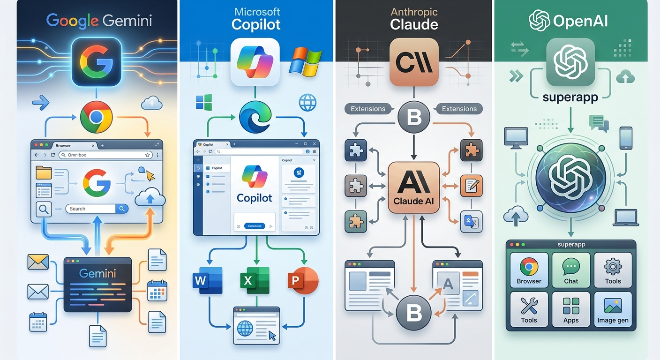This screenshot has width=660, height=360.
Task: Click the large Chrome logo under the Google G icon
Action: tap(96, 117)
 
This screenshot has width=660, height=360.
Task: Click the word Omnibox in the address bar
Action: tap(77, 155)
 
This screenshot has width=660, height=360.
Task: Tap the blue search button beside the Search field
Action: tap(122, 209)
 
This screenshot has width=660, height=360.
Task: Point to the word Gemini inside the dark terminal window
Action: tap(97, 273)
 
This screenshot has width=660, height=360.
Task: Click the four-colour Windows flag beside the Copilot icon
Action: tap(305, 61)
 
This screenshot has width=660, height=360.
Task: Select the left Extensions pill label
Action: tap(368, 109)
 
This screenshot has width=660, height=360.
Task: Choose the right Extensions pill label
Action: tap(459, 109)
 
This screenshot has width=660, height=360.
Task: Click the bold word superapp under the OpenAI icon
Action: tap(570, 97)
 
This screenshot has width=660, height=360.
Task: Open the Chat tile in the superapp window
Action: tap(571, 270)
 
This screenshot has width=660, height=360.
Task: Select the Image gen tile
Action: tap(613, 309)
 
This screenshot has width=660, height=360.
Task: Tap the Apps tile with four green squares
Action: tap(571, 309)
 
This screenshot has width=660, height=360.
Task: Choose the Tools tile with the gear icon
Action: tap(613, 270)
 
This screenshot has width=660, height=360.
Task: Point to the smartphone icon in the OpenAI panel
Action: tap(626, 138)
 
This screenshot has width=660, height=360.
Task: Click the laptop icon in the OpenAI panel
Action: tap(626, 217)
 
